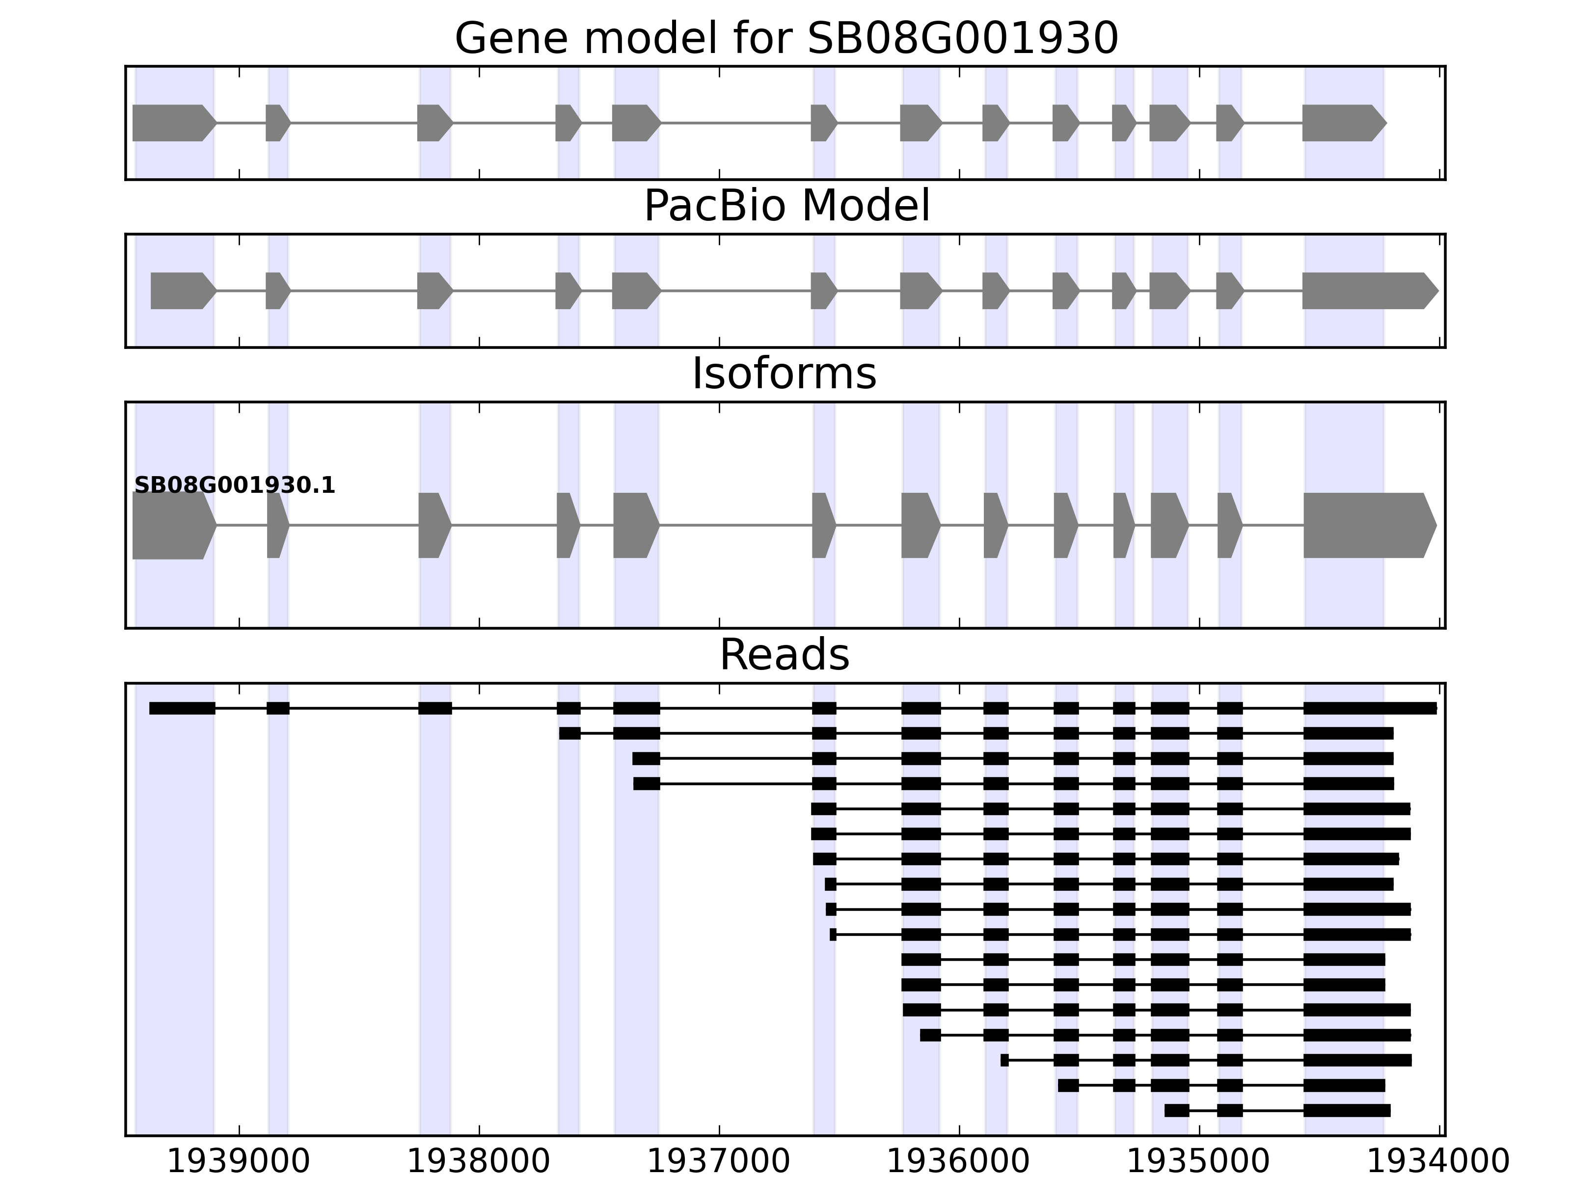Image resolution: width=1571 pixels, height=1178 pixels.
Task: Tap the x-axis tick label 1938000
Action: [x=479, y=1162]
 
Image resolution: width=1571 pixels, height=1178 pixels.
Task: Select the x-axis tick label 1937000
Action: [x=719, y=1162]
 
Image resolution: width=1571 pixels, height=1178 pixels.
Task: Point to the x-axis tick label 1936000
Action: [x=959, y=1162]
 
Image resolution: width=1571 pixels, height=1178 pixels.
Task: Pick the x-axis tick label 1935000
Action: [x=1199, y=1162]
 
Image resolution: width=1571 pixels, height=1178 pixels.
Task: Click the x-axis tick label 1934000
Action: [x=1439, y=1162]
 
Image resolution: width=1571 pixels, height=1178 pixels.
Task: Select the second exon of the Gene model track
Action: [x=277, y=123]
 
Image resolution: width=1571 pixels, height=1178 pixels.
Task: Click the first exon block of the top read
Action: [x=182, y=708]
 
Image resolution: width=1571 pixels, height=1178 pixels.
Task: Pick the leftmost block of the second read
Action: [x=569, y=733]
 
